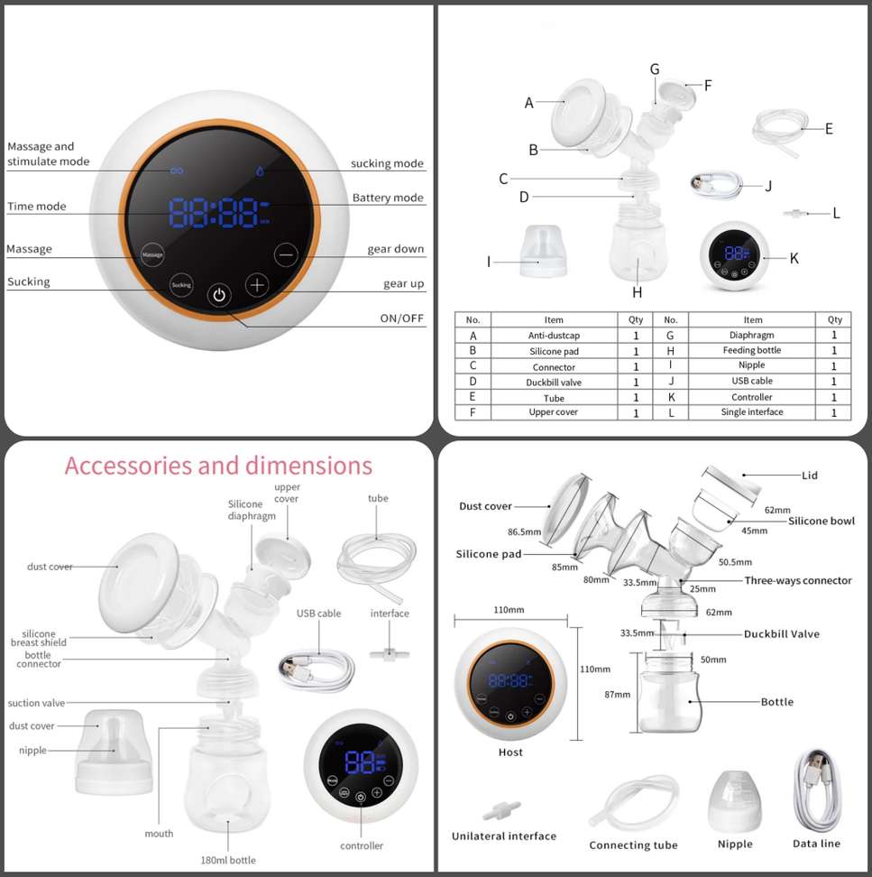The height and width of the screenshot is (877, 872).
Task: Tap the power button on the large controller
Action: (x=219, y=295)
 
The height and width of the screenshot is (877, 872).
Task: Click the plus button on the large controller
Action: (x=257, y=285)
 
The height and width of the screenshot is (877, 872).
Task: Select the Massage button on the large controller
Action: (x=152, y=254)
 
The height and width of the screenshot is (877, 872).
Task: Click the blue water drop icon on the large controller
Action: (x=260, y=171)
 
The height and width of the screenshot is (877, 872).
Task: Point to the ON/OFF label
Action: (x=402, y=318)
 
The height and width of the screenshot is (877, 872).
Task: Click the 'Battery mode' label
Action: (x=388, y=198)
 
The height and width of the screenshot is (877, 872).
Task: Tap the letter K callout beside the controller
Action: (x=794, y=258)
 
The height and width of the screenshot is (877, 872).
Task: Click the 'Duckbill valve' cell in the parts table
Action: (x=554, y=383)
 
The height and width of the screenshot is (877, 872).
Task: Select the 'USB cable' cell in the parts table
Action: (x=752, y=381)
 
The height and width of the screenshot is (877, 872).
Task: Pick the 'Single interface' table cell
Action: (x=752, y=411)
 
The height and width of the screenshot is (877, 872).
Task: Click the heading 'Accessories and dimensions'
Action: (x=218, y=466)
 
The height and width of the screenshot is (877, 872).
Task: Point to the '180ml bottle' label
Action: (x=228, y=860)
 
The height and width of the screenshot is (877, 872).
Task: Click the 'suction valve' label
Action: (x=36, y=703)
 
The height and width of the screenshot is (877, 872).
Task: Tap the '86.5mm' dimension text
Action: (x=524, y=532)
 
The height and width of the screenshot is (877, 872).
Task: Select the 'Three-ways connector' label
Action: (x=798, y=580)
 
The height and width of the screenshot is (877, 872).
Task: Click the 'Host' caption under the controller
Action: (x=510, y=752)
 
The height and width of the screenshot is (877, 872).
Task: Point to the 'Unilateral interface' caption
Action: (x=504, y=836)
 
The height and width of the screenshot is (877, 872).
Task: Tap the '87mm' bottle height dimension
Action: (x=617, y=695)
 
